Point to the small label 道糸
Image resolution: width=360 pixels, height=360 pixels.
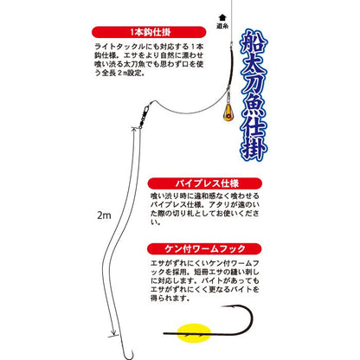(223, 27)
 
